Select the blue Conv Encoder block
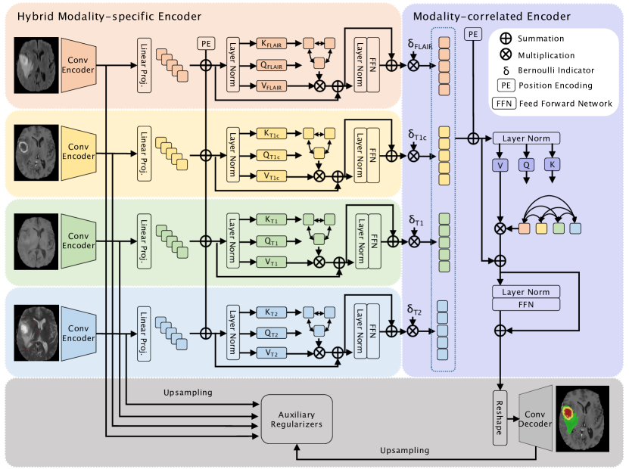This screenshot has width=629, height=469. pos(79,333)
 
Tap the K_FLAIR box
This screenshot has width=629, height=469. pos(272,44)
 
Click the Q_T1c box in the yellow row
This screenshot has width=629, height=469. pos(272,154)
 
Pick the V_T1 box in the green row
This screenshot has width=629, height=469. pos(272,262)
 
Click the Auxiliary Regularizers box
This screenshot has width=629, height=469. pos(296,418)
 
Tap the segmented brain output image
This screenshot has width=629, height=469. pos(582,418)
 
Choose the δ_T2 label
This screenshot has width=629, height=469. pos(413,311)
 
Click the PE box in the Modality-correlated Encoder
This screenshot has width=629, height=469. pos(473,35)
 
